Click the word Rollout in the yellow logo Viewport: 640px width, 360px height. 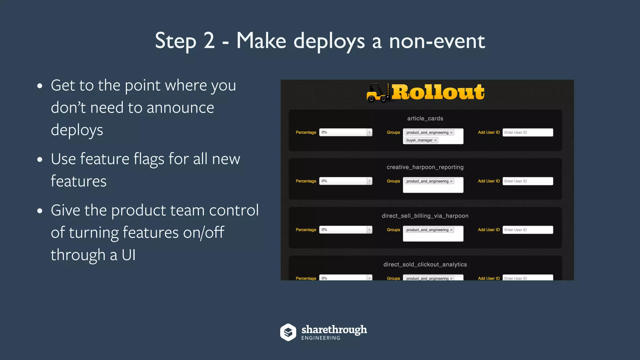[438, 92]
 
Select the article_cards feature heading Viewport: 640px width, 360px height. [425, 118]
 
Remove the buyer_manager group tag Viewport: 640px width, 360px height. [435, 140]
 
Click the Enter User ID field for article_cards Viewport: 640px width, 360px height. [527, 132]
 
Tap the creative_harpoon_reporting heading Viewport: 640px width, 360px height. [425, 167]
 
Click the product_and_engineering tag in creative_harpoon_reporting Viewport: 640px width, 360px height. [427, 181]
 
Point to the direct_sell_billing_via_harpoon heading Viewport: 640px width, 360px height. [425, 216]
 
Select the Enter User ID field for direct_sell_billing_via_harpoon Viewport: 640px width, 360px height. [527, 230]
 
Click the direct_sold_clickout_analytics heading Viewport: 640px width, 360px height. [425, 265]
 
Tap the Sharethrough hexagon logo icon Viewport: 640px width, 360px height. [288, 332]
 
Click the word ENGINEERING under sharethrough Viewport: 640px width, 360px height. [321, 338]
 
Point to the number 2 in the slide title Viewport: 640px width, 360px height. [209, 41]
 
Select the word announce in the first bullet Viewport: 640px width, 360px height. [180, 108]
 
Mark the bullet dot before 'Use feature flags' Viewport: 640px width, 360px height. [40, 159]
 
